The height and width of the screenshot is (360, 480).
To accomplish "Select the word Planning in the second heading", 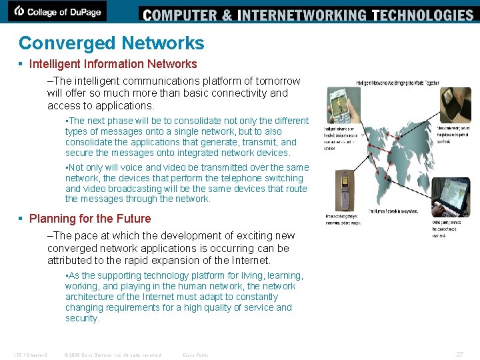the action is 51,219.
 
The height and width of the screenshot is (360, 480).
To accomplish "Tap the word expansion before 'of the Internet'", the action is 181,260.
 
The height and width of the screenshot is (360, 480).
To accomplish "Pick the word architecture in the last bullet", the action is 91,297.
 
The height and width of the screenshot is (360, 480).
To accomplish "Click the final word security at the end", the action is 82,318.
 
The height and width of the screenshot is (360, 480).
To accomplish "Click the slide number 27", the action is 459,355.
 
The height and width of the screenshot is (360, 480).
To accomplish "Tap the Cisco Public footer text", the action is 195,355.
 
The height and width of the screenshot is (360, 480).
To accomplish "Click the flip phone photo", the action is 344,189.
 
